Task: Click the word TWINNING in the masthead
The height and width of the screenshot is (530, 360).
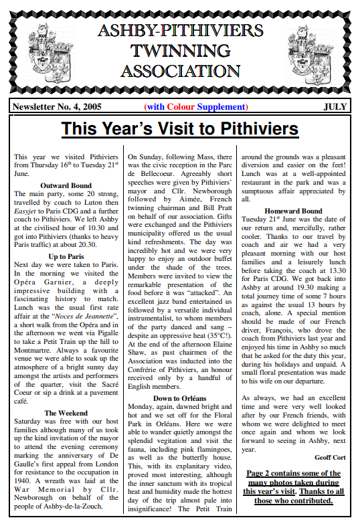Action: click(x=179, y=50)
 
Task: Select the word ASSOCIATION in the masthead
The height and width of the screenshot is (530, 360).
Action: click(x=179, y=71)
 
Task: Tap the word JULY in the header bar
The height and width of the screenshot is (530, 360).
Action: click(x=335, y=106)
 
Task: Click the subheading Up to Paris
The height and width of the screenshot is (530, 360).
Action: click(x=66, y=256)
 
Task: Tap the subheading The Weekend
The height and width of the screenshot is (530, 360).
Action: click(x=66, y=413)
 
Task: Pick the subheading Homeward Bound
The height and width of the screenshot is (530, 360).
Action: click(x=293, y=211)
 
